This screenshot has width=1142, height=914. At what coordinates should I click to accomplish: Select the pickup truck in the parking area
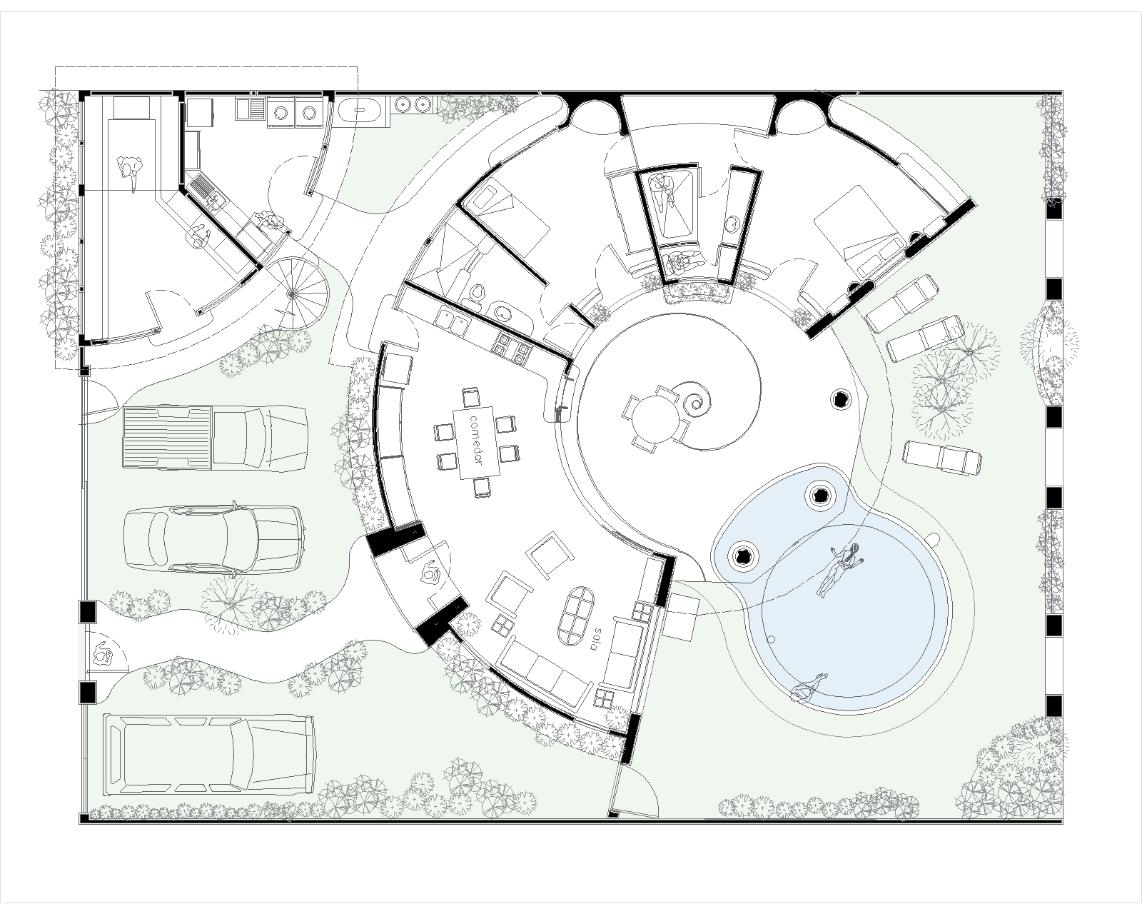(x=215, y=437)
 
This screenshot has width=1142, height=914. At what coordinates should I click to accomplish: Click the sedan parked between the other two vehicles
(x=214, y=539)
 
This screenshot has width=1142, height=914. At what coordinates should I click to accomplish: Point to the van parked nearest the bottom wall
(x=210, y=753)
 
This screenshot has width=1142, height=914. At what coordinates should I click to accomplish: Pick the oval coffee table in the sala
(x=578, y=616)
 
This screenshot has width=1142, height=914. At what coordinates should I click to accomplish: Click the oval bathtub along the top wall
(x=359, y=111)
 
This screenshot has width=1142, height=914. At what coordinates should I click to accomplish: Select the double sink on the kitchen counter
(x=452, y=322)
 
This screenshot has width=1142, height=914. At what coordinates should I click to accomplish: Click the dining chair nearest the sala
(x=482, y=488)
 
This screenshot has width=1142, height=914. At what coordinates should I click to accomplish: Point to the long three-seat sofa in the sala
(x=546, y=675)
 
